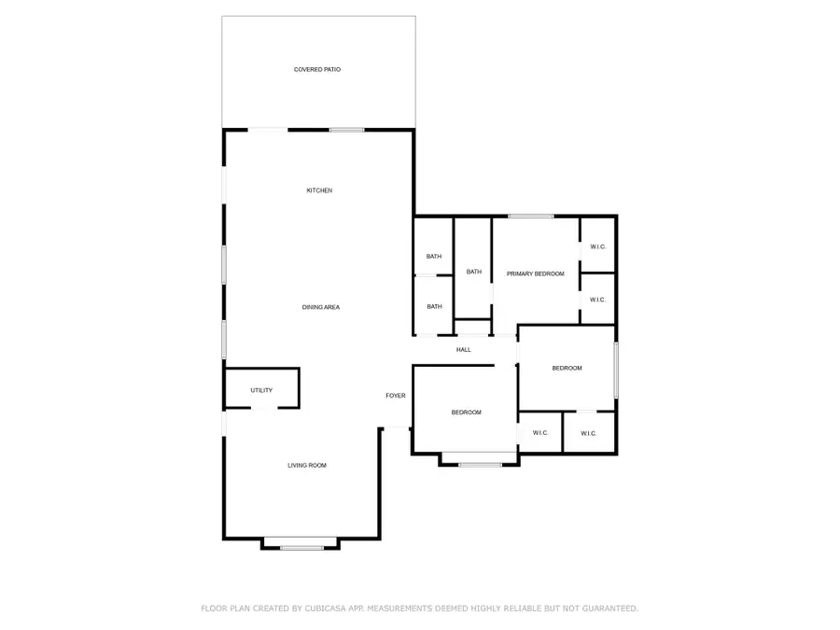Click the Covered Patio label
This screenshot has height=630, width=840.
(x=317, y=69)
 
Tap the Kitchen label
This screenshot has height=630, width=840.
(x=319, y=190)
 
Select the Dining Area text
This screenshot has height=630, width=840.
(x=320, y=307)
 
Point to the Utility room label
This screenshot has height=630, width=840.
(x=261, y=390)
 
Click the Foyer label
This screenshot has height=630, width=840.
(x=396, y=396)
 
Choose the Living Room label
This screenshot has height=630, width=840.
(x=306, y=465)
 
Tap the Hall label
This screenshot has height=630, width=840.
(x=464, y=350)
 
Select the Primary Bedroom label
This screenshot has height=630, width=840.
(x=536, y=273)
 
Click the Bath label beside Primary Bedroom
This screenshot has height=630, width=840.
(x=474, y=272)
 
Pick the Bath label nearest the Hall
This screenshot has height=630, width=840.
(x=434, y=306)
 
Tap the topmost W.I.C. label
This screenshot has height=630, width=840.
(x=598, y=246)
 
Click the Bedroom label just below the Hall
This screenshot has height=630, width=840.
(x=466, y=413)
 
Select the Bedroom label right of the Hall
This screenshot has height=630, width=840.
(x=567, y=368)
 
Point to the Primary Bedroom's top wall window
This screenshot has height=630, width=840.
(x=531, y=217)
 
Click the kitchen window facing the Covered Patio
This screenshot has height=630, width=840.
(x=346, y=130)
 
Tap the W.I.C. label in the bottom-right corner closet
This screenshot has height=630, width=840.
(x=588, y=433)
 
